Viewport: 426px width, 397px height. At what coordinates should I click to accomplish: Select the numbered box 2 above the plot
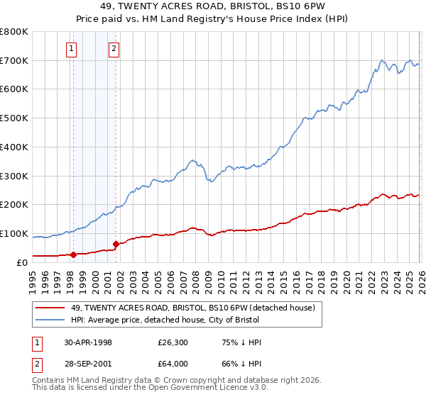coord(114,49)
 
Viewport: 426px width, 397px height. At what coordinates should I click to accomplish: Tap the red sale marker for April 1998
coord(73,254)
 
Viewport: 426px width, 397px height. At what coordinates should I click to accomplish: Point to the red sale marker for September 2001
coord(116,243)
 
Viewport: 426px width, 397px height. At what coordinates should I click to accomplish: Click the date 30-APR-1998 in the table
coord(88,342)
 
